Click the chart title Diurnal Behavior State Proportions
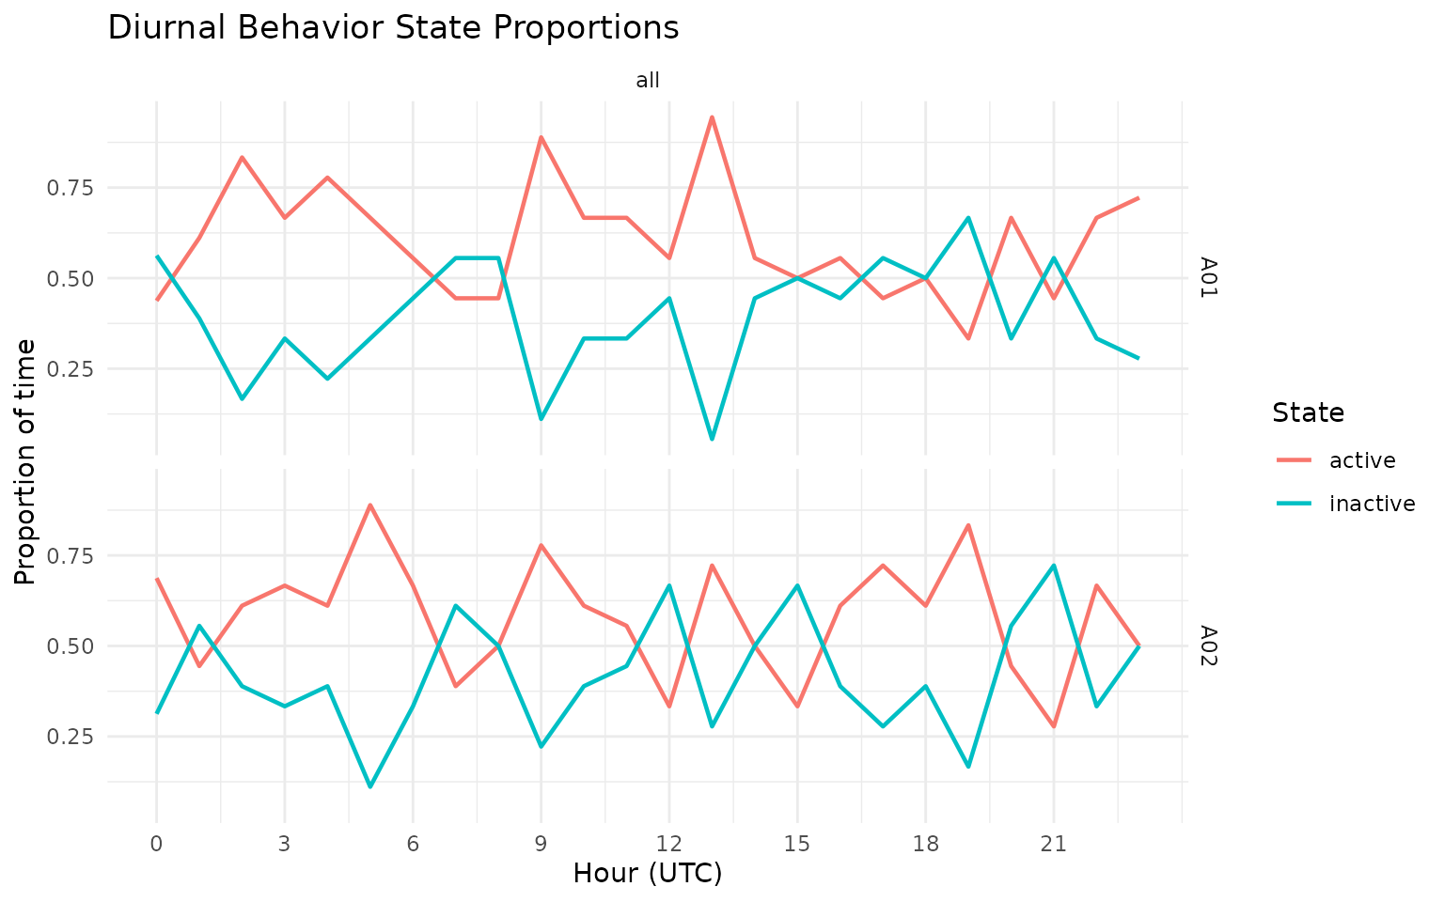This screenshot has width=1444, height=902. (393, 28)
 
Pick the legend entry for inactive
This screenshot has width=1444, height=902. (1372, 504)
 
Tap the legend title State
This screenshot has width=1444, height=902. (1307, 412)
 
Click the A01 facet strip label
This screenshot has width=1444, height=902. (1209, 278)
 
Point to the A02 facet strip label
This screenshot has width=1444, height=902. (1209, 646)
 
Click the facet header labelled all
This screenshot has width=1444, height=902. (648, 81)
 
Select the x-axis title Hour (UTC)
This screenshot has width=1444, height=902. (648, 874)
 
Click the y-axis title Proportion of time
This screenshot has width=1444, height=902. (26, 461)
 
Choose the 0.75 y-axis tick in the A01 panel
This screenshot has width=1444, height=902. (71, 188)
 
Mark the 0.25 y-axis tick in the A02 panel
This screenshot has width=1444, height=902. (71, 737)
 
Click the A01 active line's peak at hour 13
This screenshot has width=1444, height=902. (712, 117)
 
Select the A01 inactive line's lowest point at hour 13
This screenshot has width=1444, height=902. (712, 439)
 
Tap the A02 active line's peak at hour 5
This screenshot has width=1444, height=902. (370, 505)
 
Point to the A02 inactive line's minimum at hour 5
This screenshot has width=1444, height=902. (370, 786)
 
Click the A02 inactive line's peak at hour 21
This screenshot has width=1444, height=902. (1054, 566)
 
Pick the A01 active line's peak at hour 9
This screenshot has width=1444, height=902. (541, 137)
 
